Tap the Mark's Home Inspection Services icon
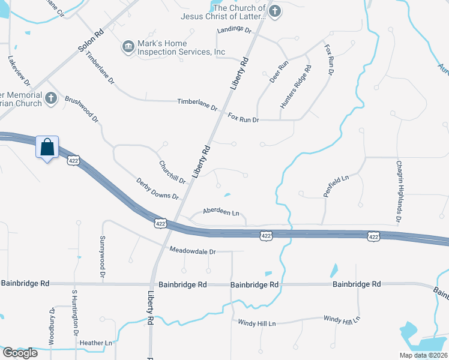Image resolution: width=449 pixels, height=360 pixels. (128, 47)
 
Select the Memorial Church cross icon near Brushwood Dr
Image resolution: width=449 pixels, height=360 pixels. (51, 98)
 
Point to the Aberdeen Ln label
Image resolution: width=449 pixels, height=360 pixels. (221, 212)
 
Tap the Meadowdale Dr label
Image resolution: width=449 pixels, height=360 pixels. (192, 251)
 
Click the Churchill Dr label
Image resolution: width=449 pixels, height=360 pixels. (172, 172)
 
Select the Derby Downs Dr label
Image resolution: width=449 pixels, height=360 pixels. (157, 188)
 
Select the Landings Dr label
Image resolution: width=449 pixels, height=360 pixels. (234, 29)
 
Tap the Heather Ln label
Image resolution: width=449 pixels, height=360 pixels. (96, 343)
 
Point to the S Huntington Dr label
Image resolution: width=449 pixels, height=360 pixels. (75, 313)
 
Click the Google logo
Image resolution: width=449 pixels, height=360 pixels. (20, 352)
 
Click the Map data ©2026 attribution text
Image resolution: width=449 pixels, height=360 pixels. (423, 355)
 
